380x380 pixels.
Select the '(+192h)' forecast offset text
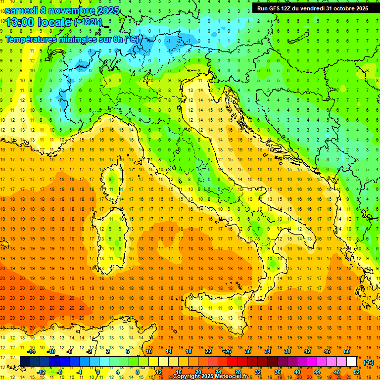tap(88, 22)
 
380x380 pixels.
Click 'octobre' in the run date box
tap(345, 8)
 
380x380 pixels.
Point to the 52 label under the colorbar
tap(357, 372)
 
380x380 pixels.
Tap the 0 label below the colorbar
tap(98, 372)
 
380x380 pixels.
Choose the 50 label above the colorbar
tap(346, 351)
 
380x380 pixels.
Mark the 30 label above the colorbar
tap(247, 351)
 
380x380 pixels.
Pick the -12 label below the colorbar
tap(41, 372)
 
